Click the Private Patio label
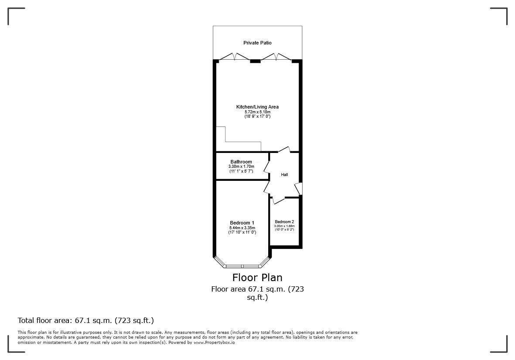pos(257,43)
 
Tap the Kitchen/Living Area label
pos(257,107)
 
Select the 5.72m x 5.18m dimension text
pos(257,112)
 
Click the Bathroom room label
pos(241,162)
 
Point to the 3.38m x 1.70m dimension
pos(242,167)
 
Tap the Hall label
pos(284,175)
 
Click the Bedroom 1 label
pos(242,223)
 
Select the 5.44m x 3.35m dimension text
pos(242,228)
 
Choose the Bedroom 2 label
pos(284,222)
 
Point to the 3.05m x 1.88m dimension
pos(284,226)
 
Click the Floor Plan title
pos(257,278)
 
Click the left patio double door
pos(235,57)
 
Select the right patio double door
pos(276,57)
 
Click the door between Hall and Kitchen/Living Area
pos(284,149)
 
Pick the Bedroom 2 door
pos(277,200)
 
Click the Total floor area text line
pos(86,320)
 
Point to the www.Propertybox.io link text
pos(214,342)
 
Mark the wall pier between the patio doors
pos(255,61)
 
